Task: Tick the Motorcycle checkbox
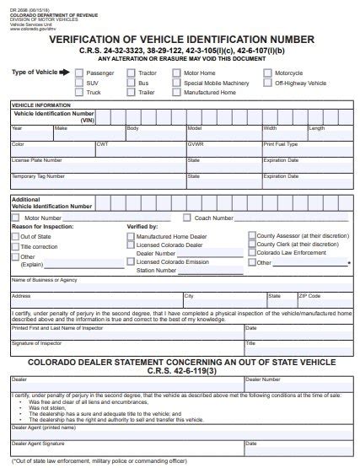267,73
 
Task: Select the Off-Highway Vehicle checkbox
267,83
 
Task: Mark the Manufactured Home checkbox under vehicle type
177,93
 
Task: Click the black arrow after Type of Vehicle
66,73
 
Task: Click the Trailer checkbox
131,93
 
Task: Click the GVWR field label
195,144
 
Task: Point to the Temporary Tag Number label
37,175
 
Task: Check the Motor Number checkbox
17,218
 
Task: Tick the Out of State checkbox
15,237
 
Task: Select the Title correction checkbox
15,246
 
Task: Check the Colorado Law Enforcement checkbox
251,253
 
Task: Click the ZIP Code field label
309,296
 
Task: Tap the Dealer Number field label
257,379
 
